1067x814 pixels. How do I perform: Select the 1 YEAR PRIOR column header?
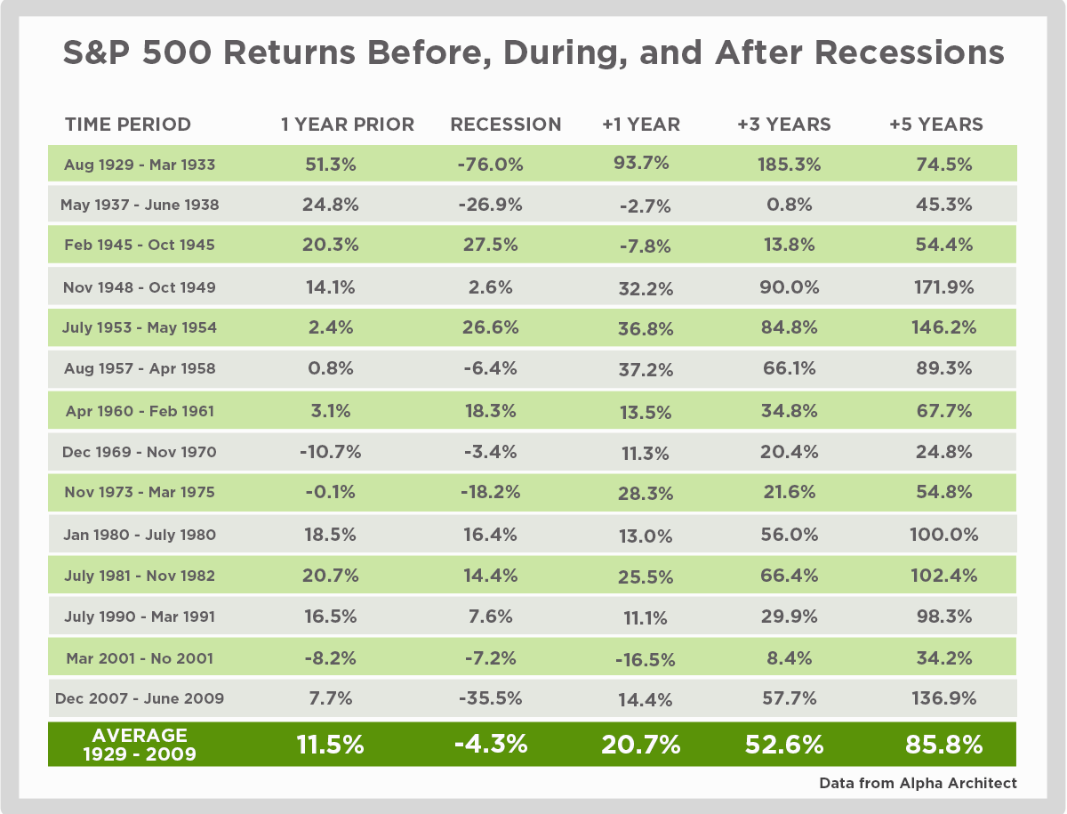click(348, 125)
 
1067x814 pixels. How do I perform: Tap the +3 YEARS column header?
click(783, 125)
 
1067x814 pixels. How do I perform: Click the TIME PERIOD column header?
click(128, 125)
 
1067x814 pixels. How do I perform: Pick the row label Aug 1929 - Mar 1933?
click(140, 165)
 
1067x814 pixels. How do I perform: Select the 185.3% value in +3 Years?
click(783, 165)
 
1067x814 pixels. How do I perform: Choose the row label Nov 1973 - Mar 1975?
click(140, 492)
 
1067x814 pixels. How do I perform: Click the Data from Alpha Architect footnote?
click(918, 784)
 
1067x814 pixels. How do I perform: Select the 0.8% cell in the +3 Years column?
click(783, 205)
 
